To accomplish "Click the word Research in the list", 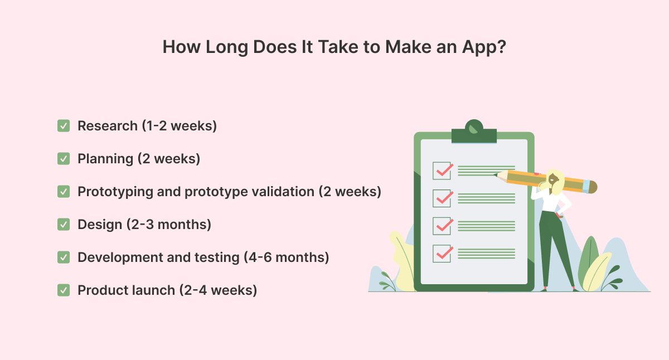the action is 108,126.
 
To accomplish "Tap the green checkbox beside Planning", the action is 64,158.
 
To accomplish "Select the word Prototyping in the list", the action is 115,192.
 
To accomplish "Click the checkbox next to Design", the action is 64,225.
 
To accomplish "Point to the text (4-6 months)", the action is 287,257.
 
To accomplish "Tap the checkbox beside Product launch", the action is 64,290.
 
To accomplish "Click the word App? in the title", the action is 484,48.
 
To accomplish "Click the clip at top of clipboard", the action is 474,132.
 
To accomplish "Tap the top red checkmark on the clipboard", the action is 445,171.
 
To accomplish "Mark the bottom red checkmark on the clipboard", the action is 445,253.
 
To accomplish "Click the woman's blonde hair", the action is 555,182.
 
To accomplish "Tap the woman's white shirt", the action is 551,201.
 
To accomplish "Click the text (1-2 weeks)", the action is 179,126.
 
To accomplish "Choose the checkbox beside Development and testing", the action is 64,257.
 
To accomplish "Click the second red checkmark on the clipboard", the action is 445,198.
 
